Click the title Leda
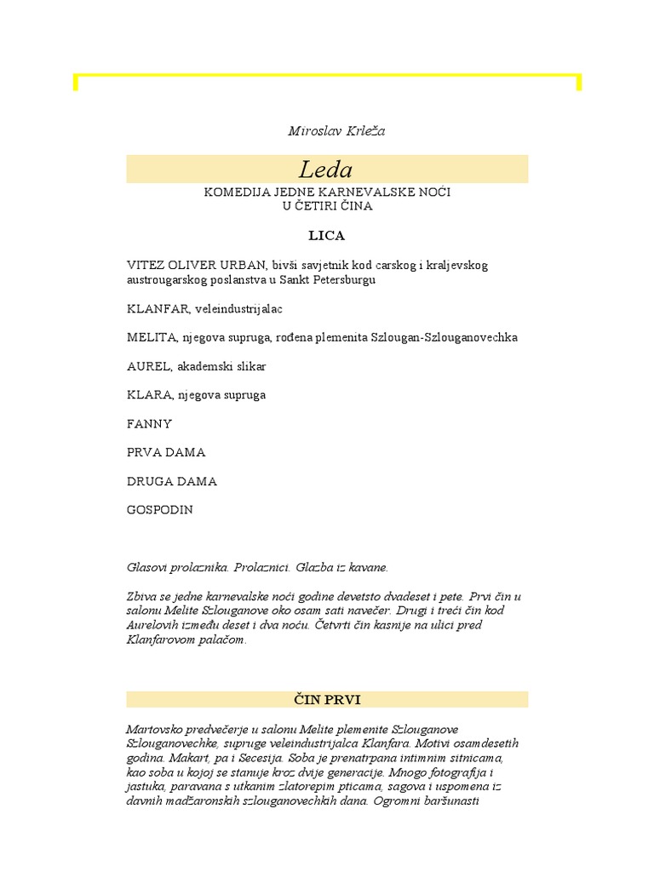click(x=325, y=169)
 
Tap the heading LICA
click(x=326, y=235)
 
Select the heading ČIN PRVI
click(x=327, y=699)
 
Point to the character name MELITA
click(x=149, y=337)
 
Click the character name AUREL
click(x=146, y=366)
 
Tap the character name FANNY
click(x=149, y=424)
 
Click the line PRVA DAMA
click(x=166, y=452)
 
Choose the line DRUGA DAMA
click(x=171, y=481)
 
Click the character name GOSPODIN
click(x=159, y=510)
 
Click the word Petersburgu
click(x=341, y=279)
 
